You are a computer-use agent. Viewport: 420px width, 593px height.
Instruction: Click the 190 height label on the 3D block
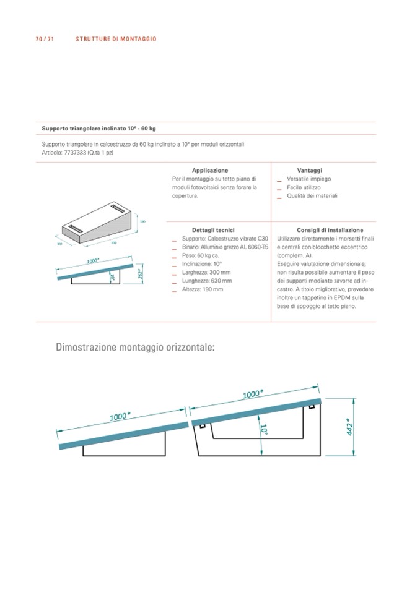coord(142,221)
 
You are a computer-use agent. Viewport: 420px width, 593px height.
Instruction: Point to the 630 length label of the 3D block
coord(114,243)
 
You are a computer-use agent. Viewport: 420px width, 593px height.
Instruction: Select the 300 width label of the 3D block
coord(60,243)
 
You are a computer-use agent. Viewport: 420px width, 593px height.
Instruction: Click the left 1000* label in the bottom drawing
coord(119,416)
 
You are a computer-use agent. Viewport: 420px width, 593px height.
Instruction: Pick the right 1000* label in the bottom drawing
coord(253,393)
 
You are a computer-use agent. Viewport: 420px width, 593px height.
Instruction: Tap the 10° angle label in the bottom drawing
coord(263,430)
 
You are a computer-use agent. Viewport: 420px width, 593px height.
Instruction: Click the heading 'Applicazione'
coord(210,170)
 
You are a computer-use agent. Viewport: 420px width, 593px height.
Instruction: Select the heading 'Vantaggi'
coord(310,170)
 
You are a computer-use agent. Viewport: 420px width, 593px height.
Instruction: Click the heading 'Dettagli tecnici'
coord(209,229)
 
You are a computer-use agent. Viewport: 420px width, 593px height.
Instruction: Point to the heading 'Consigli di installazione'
coord(322,229)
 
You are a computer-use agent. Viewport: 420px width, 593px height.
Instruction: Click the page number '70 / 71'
coord(45,39)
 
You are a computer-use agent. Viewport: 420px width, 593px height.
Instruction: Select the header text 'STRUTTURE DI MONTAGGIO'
coord(116,39)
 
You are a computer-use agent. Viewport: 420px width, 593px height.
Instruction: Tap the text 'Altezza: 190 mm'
coord(203,289)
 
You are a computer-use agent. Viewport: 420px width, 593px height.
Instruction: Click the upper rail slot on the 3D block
coord(118,207)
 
